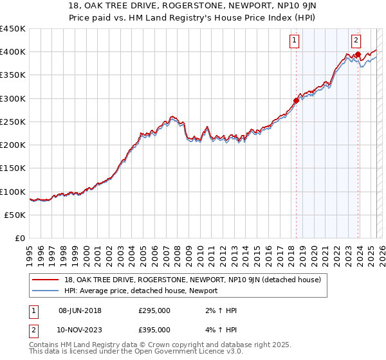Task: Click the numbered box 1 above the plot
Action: point(295,40)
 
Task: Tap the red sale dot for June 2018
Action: point(296,100)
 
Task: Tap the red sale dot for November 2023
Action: point(358,54)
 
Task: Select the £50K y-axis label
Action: point(15,215)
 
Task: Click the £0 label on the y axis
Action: point(19,238)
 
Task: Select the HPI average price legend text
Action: point(141,291)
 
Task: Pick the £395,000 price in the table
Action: point(154,329)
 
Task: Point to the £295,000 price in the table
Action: point(154,310)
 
